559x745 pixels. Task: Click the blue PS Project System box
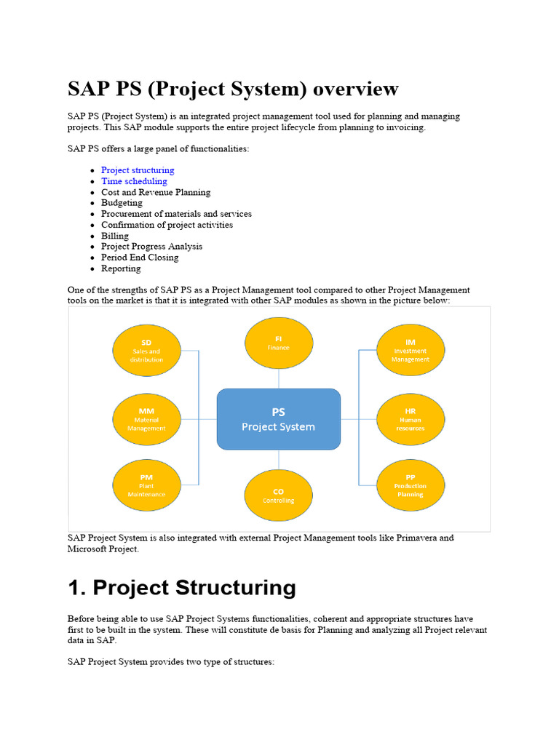[279, 418]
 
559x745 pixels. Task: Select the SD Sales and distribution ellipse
[146, 350]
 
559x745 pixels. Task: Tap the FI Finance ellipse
[279, 343]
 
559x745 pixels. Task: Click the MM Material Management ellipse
[146, 419]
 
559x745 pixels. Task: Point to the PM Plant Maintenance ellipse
[146, 485]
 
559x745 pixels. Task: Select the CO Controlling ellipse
[279, 495]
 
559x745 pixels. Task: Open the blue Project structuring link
[138, 170]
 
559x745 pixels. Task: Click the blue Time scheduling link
[134, 181]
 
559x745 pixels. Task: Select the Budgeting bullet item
[122, 203]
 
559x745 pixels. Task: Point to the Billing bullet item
[115, 236]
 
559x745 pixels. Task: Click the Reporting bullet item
[121, 268]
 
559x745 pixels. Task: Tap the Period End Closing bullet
[140, 258]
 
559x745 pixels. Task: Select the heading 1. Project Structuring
[182, 588]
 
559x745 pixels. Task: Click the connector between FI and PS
[279, 378]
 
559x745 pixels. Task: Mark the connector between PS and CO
[279, 459]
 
